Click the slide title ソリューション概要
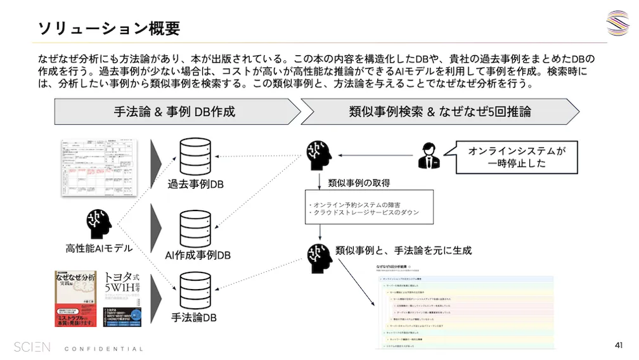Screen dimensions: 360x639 (109, 28)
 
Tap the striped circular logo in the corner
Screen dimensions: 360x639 (617, 23)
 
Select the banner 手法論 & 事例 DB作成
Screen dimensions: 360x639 (175, 112)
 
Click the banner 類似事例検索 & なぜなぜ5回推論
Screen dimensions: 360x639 (440, 112)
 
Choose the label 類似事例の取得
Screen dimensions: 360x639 (359, 183)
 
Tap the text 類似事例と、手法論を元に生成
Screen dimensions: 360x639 (403, 250)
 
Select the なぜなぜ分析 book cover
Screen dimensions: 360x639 (76, 297)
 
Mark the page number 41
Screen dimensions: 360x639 (619, 345)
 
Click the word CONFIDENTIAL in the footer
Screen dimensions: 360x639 (104, 349)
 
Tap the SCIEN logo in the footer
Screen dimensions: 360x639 (32, 347)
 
